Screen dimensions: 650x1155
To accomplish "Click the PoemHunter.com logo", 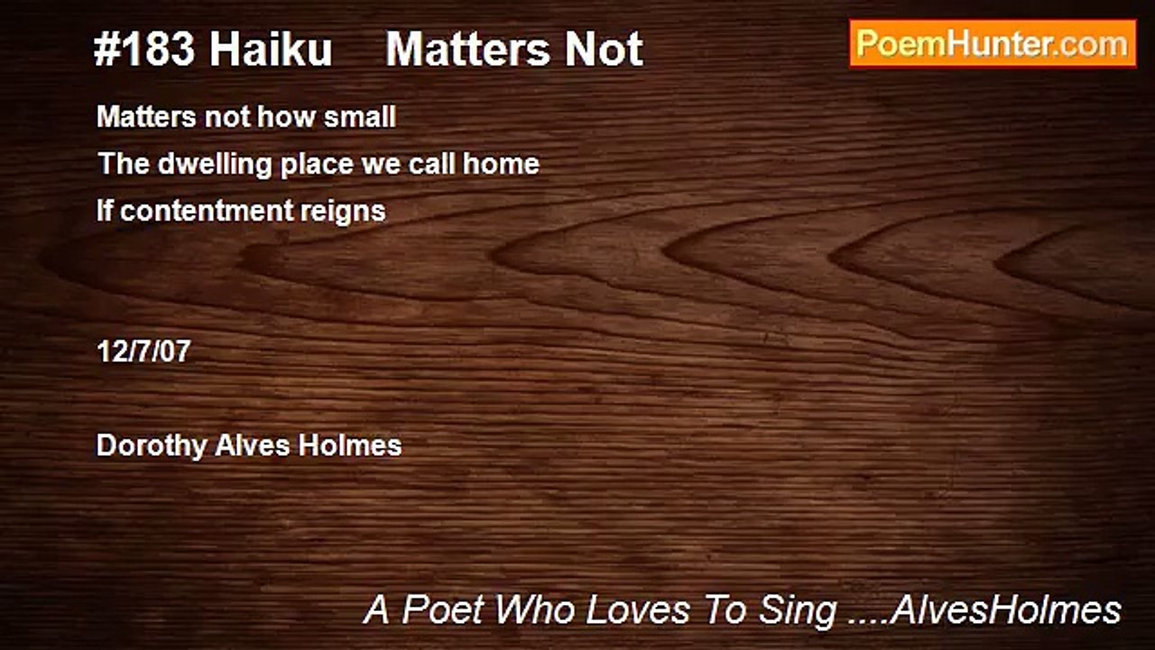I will tap(993, 43).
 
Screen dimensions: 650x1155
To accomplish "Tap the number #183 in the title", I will tap(143, 50).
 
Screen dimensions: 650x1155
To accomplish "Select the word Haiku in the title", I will tap(272, 50).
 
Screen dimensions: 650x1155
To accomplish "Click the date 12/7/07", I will tap(143, 351).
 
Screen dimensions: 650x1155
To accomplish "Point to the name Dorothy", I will tap(151, 446).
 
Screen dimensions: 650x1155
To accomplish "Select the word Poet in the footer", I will tap(443, 610).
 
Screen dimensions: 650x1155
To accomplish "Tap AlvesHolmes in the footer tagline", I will tap(1005, 610).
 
